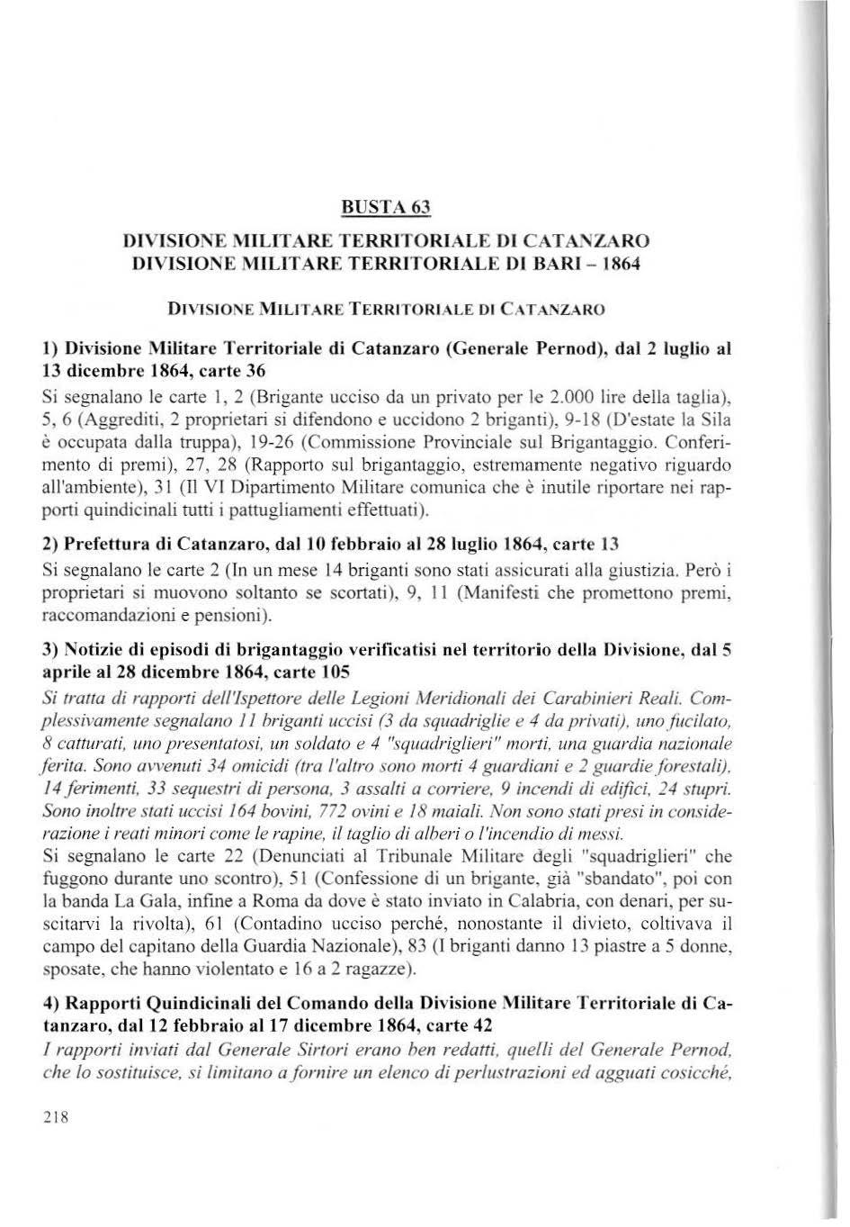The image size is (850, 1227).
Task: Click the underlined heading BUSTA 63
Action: pyautogui.click(x=387, y=208)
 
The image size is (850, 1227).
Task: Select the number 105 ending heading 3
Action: pyautogui.click(x=335, y=672)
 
